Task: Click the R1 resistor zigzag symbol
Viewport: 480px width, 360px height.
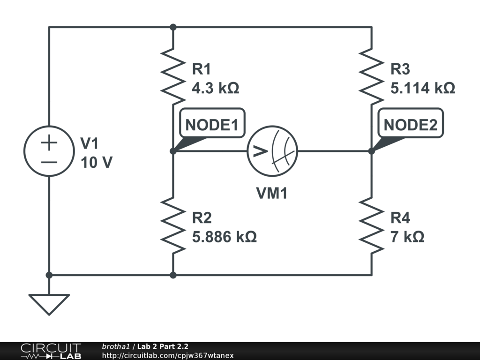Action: point(173,75)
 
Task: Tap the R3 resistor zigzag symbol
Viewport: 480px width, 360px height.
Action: point(372,75)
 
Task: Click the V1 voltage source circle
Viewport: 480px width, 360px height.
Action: point(49,151)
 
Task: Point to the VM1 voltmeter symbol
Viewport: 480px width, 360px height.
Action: point(272,151)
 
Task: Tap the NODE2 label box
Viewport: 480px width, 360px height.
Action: point(411,125)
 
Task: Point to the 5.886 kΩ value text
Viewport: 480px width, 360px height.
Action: point(225,237)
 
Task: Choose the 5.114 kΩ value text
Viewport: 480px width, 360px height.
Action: point(423,88)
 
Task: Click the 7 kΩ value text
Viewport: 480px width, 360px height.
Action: point(408,237)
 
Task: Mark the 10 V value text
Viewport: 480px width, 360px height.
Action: point(97,162)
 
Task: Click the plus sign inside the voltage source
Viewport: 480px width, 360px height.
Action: point(49,142)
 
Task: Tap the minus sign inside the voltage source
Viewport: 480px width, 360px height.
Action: point(49,162)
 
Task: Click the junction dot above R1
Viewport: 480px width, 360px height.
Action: point(173,27)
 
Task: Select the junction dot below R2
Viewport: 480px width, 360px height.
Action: point(173,275)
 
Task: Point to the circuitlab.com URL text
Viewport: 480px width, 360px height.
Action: point(168,356)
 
